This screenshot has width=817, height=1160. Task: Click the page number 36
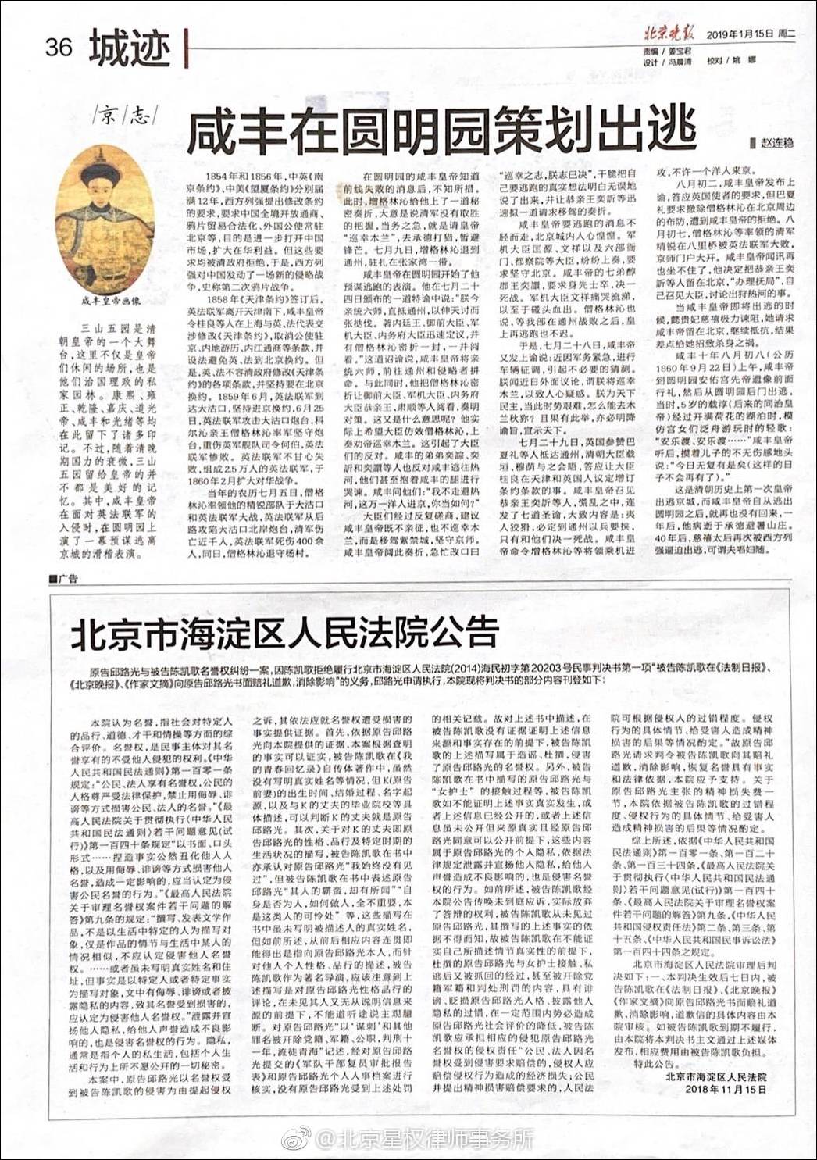point(59,48)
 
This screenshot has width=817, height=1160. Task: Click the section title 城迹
point(129,48)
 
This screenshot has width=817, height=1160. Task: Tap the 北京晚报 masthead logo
point(668,33)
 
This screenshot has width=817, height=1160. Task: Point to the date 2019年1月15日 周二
point(751,34)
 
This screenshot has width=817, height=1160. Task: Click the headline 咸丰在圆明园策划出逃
point(441,127)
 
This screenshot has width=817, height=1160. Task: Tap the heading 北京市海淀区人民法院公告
point(285,632)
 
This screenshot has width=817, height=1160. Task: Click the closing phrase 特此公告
point(654,1063)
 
